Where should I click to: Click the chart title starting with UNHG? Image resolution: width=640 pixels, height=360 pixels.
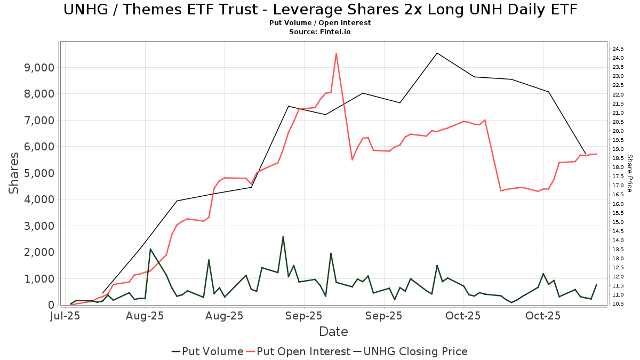(320, 10)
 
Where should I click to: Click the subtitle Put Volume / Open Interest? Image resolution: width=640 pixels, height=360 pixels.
(320, 23)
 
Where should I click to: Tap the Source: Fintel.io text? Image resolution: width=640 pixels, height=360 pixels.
(320, 32)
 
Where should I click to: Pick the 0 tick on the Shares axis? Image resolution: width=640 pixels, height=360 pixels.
(51, 305)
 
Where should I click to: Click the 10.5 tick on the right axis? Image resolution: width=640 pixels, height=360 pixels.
(619, 304)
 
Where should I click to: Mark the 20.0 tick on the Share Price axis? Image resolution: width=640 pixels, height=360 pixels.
(619, 131)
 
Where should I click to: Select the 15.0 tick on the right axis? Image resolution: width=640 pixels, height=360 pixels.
(619, 222)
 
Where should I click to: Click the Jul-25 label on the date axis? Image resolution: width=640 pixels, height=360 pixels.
(65, 316)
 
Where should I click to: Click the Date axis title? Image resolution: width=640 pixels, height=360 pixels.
(333, 332)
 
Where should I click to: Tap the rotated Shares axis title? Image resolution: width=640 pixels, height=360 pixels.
(14, 173)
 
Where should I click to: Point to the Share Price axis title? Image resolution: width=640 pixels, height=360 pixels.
(630, 173)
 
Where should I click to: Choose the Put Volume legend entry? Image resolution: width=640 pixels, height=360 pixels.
(207, 351)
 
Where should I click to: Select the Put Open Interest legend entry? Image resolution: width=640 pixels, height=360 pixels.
(298, 351)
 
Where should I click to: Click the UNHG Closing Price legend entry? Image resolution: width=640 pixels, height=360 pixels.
(410, 351)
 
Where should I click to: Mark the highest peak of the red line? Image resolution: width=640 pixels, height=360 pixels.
(336, 53)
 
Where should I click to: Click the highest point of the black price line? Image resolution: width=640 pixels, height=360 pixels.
(437, 53)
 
